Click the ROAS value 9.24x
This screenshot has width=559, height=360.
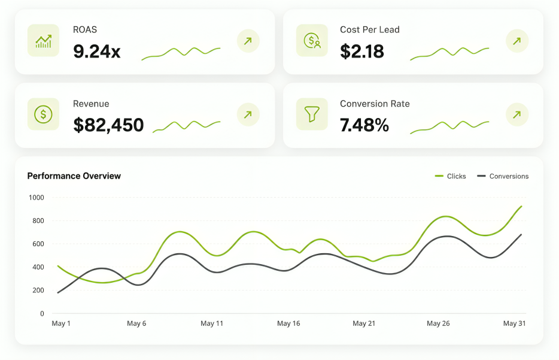pos(96,52)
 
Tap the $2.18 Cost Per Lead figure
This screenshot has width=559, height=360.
pos(362,52)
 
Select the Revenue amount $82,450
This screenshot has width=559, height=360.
pos(108,125)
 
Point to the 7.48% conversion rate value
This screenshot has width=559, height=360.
pos(364,125)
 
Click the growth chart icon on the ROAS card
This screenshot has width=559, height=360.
pos(44,41)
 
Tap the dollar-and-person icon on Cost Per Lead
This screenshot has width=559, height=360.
pos(312,41)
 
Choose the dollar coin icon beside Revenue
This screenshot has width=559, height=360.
pos(44,114)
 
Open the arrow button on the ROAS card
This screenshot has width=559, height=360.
pos(248,41)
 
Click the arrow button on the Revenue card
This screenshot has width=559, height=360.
pos(248,114)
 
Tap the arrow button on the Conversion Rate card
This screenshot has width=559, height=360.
pos(517,114)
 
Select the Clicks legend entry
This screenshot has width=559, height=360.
pos(451,176)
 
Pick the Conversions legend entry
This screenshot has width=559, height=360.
pos(503,176)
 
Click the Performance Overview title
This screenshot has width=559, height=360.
pos(74,176)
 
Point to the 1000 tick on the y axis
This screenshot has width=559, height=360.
pos(37,198)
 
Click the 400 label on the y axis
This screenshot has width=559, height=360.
pos(38,267)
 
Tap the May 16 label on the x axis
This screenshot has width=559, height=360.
pos(288,323)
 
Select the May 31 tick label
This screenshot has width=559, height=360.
pos(515,323)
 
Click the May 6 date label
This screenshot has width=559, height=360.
pos(136,323)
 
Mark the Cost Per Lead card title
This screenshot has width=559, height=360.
pos(370,29)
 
